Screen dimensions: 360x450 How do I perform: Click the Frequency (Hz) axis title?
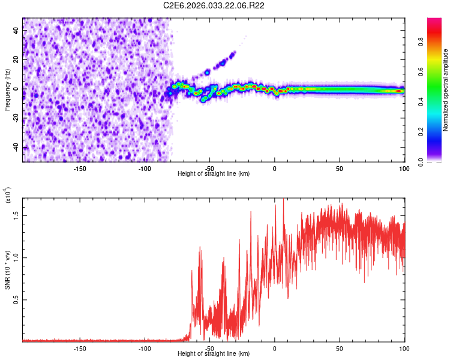[7, 89]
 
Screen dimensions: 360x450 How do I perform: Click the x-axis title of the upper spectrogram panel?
[214, 173]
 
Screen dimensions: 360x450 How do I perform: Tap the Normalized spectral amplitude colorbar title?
[446, 90]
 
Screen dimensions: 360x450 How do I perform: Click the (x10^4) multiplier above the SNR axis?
[8, 195]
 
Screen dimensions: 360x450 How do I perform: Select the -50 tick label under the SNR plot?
[209, 348]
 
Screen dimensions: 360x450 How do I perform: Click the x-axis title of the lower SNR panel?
[214, 354]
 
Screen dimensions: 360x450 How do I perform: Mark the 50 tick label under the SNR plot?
[339, 348]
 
